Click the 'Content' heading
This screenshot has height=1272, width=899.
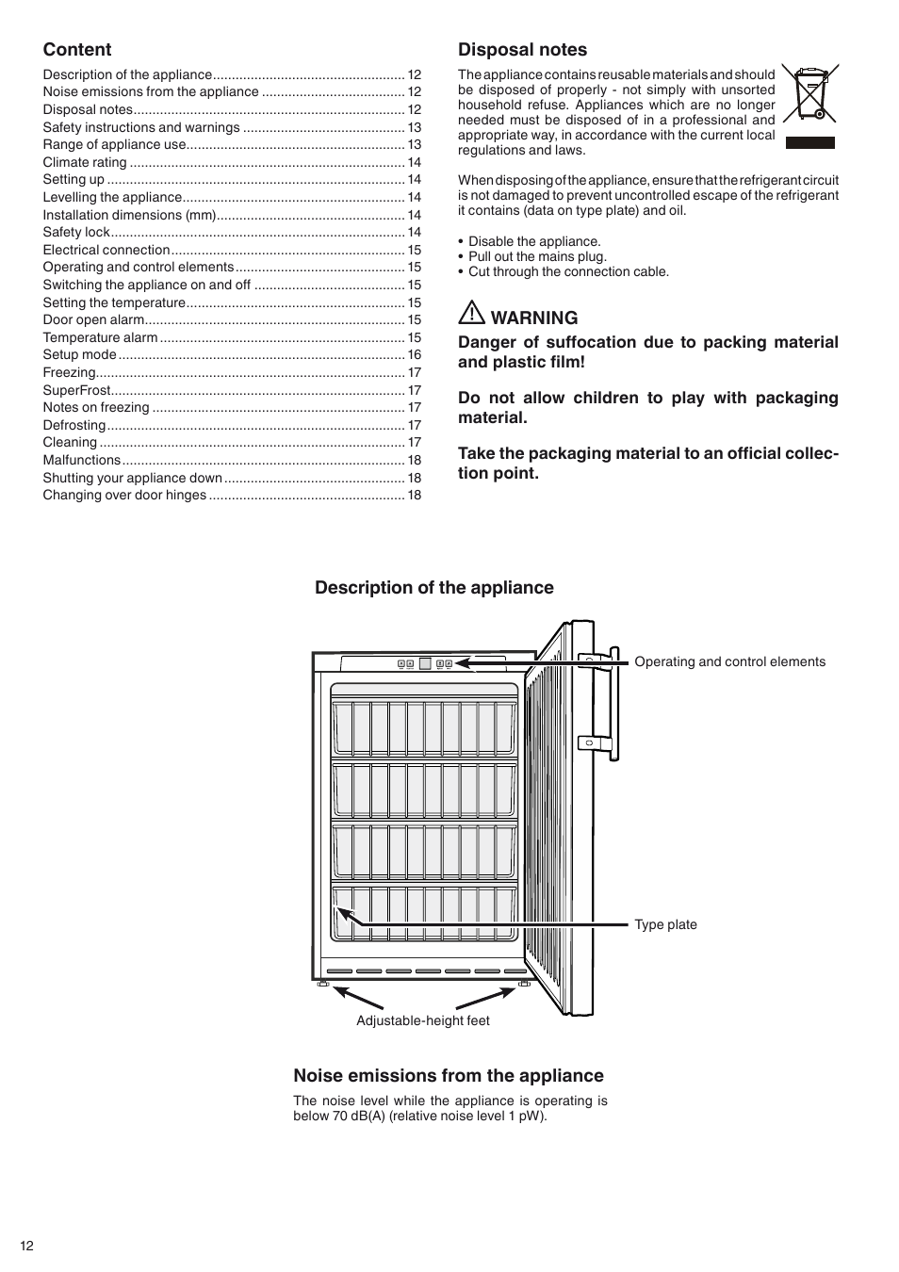coord(77,50)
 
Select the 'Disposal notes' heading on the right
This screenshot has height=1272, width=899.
coord(522,50)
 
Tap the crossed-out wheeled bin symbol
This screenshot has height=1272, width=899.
coord(810,93)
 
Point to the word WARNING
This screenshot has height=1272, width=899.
coord(534,318)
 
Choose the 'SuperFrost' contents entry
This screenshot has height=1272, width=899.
coord(77,390)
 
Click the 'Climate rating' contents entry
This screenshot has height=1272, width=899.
coord(85,162)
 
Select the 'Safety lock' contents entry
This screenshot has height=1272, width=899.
coord(76,232)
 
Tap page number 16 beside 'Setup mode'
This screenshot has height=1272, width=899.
coord(415,355)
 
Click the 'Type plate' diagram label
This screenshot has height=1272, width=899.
coord(665,924)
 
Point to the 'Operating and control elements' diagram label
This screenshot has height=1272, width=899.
coord(729,661)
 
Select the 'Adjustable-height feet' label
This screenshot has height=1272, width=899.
coord(423,1020)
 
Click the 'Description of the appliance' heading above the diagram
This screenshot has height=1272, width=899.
coord(434,588)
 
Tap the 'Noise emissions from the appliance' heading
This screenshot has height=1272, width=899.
coord(449,1076)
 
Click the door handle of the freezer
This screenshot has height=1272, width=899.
coord(613,702)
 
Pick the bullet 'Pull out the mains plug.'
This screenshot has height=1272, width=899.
coord(537,256)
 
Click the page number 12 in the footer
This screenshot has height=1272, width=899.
coord(26,1246)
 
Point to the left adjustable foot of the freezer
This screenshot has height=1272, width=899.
coord(323,985)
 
